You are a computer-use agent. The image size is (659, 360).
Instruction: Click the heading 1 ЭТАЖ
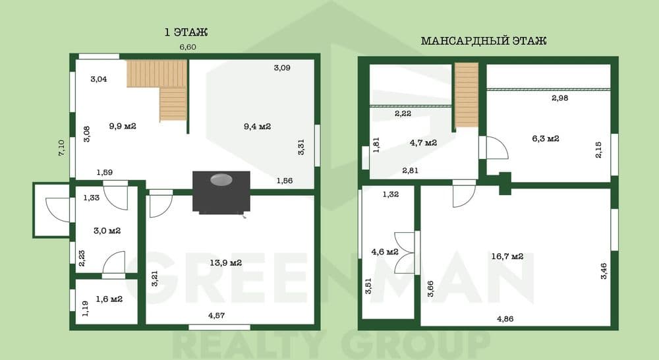pos(186,32)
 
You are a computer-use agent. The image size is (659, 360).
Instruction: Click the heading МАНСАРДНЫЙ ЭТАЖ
pos(483,41)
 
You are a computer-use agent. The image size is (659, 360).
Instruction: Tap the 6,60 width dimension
pos(188,47)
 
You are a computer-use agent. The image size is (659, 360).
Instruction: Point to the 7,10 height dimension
pos(61,148)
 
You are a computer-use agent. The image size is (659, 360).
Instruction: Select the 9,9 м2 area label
pos(123,126)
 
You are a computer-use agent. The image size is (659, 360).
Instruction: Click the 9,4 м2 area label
pos(257,126)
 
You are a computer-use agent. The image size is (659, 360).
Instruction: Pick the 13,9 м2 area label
pos(225,263)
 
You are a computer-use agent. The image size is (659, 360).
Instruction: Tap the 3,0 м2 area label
pos(107,231)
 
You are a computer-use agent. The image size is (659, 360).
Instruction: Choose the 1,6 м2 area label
pos(109,299)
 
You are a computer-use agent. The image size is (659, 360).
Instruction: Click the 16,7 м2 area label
pos(507,256)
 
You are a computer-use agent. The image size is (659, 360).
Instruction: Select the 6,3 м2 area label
pos(546,138)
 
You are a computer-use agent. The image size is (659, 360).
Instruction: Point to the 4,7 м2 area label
pos(423,142)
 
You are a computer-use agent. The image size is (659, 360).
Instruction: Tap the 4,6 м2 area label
pos(385,252)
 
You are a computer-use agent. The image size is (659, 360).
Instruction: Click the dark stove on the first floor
pos(221,192)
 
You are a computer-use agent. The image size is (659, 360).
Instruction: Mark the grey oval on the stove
pos(221,179)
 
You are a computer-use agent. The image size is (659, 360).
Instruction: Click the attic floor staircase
pos(467,95)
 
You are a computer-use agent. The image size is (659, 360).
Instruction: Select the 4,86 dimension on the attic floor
pos(505,318)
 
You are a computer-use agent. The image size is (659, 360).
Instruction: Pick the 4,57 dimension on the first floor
pos(216,315)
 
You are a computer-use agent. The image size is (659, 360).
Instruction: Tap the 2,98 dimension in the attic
pos(559,98)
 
